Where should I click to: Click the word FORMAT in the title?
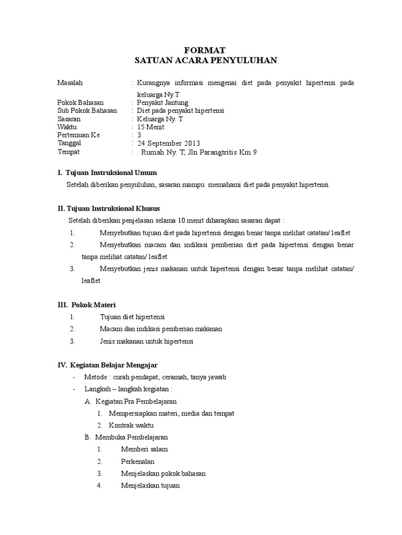coord(205,50)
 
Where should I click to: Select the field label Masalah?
coord(70,83)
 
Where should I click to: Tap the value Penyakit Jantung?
coord(162,102)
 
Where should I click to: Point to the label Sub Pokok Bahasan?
coord(87,111)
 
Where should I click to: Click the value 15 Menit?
coord(151,127)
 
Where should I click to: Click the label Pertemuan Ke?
coord(78,135)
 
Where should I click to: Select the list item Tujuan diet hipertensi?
coord(132,317)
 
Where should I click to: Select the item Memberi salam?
coord(144,449)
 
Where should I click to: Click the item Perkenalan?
coord(138,461)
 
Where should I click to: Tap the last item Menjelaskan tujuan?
coord(150,485)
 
